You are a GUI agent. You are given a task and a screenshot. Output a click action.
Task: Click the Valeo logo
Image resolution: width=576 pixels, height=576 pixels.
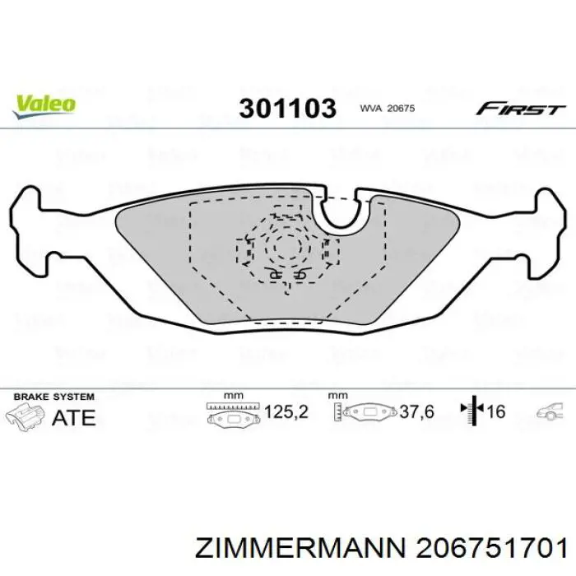[x=44, y=105]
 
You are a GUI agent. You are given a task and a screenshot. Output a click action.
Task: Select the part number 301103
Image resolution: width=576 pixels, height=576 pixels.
[x=288, y=109]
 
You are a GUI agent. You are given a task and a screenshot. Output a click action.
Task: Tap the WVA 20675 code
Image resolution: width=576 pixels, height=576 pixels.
[x=387, y=109]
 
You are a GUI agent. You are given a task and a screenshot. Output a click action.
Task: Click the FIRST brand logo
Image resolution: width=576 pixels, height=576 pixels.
[x=521, y=109]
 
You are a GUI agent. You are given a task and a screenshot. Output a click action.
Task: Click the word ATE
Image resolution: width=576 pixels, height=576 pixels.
[x=73, y=416]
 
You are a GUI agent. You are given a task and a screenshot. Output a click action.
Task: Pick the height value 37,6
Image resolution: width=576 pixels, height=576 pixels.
[x=416, y=411]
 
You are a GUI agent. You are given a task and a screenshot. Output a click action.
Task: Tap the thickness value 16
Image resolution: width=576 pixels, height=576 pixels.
[x=497, y=411]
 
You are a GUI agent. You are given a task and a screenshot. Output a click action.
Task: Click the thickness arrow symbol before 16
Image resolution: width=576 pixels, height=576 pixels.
[x=473, y=411]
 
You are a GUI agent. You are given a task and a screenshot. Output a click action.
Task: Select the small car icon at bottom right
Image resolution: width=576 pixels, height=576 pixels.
[x=547, y=411]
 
